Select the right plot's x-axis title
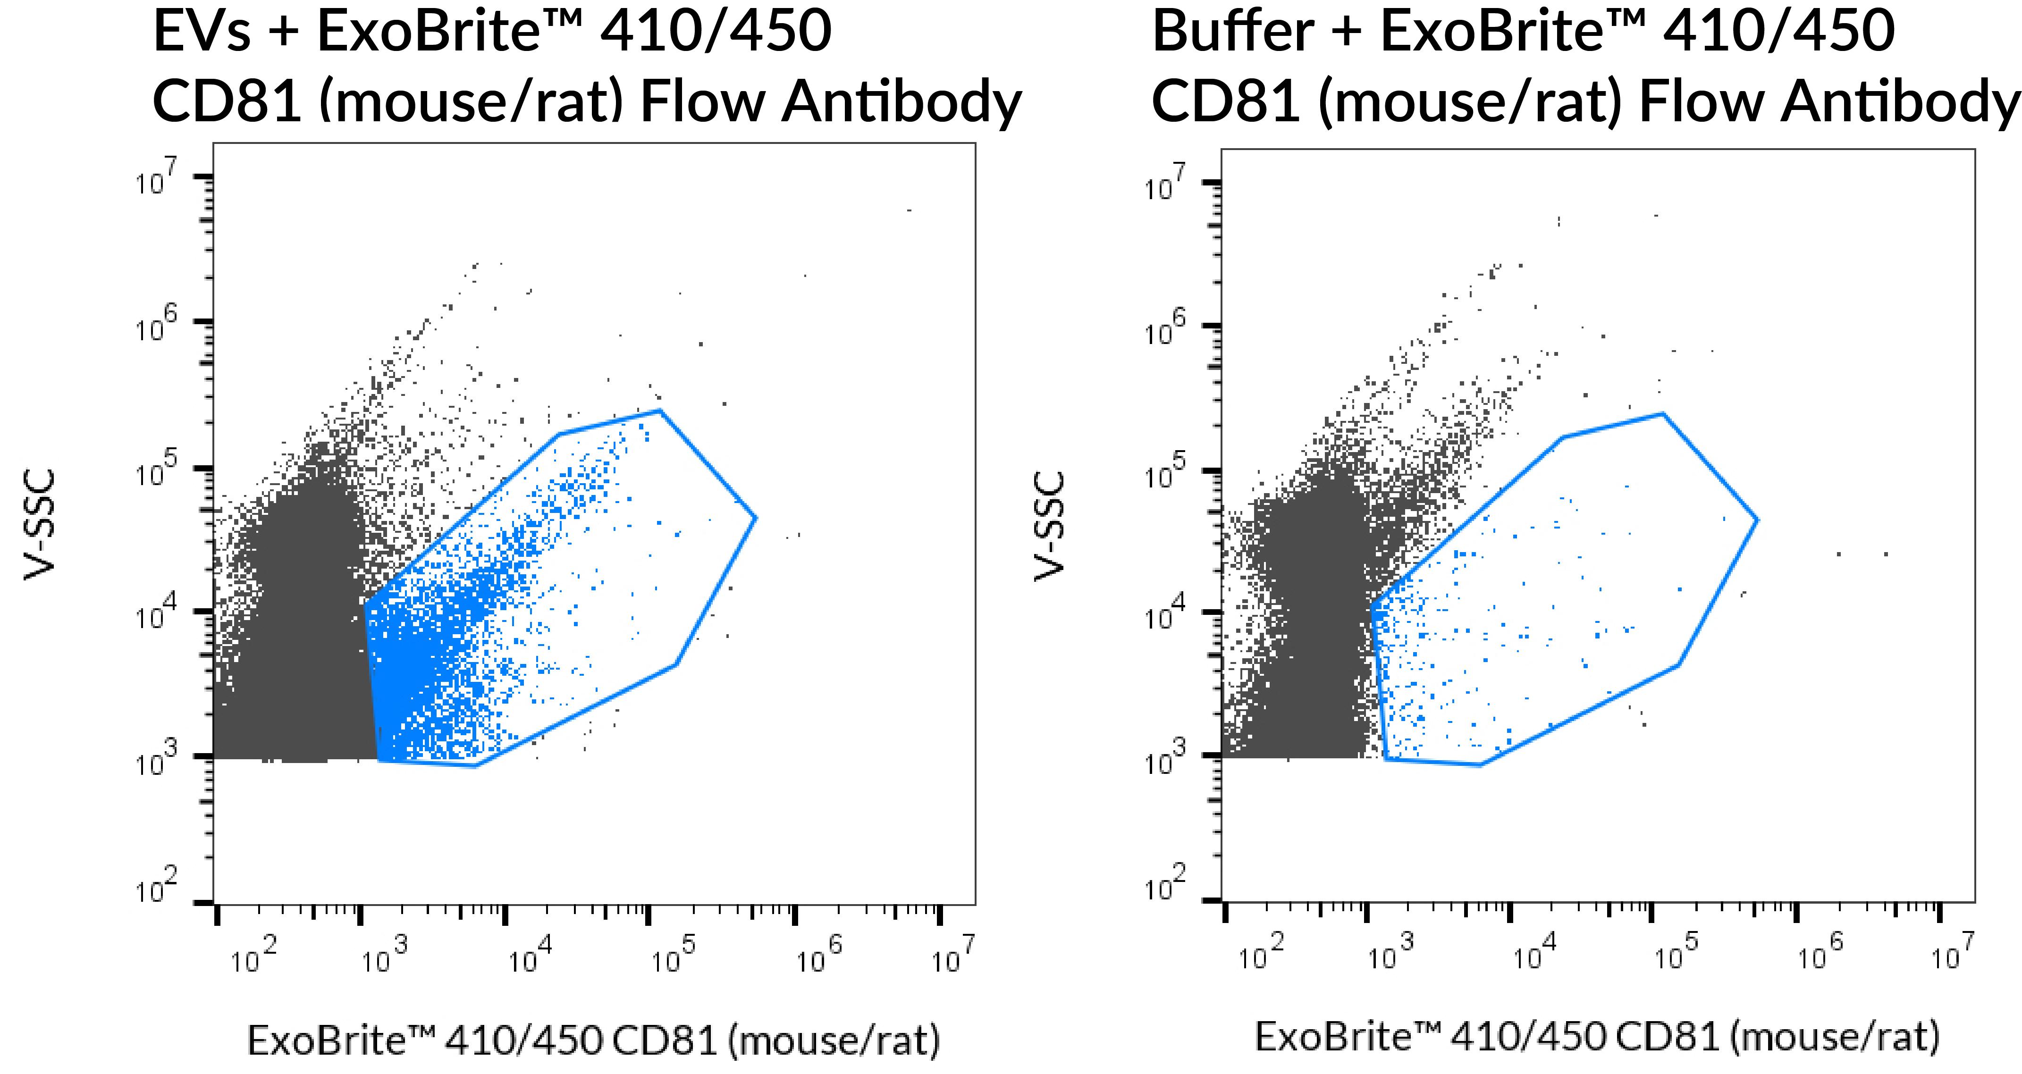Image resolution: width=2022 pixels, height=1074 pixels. click(1597, 1037)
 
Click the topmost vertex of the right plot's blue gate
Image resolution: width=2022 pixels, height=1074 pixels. click(1662, 413)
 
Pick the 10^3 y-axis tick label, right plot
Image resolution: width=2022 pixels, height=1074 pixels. click(1166, 759)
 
